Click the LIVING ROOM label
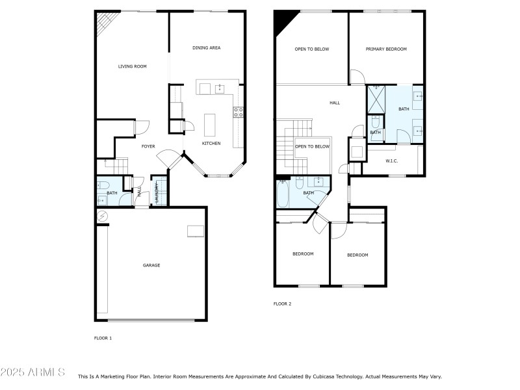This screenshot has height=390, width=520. [132, 66]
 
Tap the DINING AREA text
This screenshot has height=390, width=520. [207, 48]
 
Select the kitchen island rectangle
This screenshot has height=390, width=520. [209, 123]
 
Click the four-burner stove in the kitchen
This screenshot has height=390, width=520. [239, 111]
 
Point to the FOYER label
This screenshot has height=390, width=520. [148, 146]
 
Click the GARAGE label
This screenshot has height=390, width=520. [151, 265]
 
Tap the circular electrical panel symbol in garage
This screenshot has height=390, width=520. [101, 216]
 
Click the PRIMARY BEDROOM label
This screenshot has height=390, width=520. [386, 49]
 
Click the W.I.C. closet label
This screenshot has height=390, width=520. [391, 161]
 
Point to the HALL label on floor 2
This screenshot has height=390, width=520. [335, 103]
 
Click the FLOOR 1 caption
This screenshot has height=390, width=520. [103, 338]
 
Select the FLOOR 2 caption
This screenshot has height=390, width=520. [282, 304]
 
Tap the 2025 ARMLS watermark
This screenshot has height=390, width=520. [32, 372]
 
